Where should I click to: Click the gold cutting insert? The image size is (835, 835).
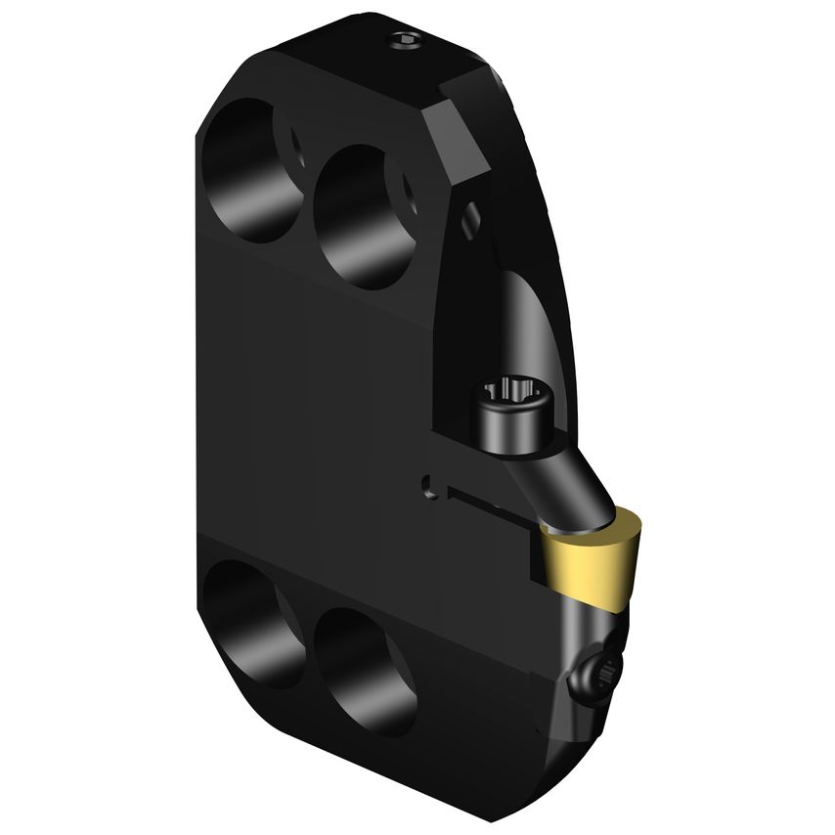tap(590, 563)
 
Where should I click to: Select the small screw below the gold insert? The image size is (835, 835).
tap(599, 672)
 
